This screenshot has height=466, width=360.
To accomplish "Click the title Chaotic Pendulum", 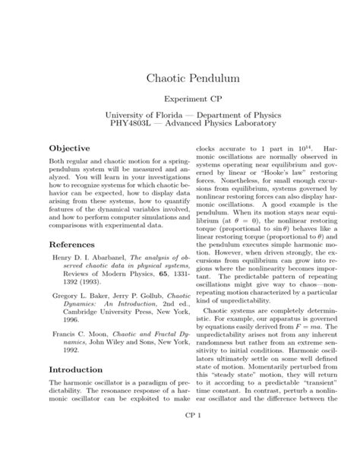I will click(x=180, y=78).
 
